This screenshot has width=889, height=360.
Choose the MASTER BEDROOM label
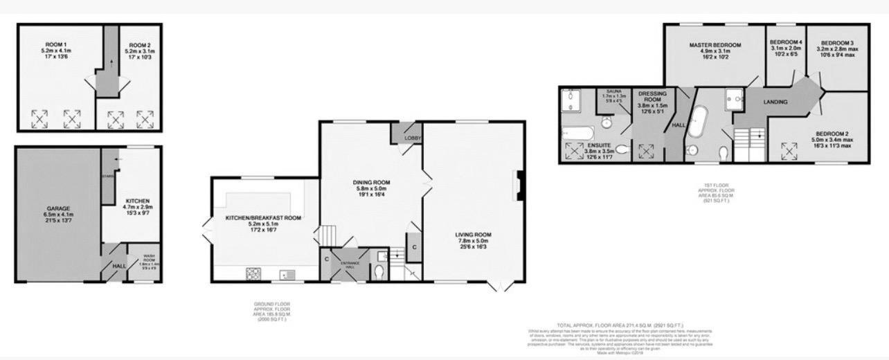coord(715,45)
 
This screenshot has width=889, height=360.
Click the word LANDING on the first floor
coord(775,102)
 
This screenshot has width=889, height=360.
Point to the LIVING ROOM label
coord(473,234)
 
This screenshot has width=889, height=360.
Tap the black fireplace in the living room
coord(518,185)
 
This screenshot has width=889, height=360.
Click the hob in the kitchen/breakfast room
coord(252,274)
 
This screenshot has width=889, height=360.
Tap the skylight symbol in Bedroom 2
coord(787,148)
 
